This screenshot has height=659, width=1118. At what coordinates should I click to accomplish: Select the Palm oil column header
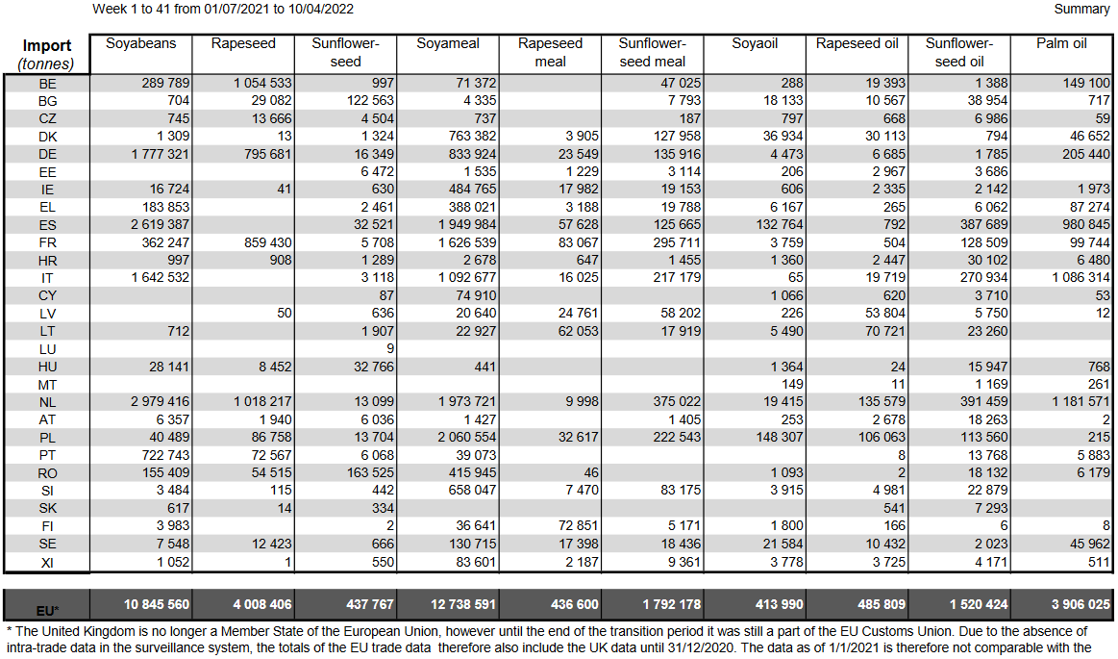click(1060, 44)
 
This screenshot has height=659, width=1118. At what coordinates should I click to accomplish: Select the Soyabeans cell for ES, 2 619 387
click(158, 225)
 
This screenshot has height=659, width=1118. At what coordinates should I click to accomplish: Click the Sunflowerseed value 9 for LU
click(389, 349)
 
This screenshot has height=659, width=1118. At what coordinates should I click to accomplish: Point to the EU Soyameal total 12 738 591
click(457, 605)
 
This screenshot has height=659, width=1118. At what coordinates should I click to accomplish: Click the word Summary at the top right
click(1081, 10)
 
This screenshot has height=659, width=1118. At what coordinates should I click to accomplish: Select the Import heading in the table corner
click(47, 45)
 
